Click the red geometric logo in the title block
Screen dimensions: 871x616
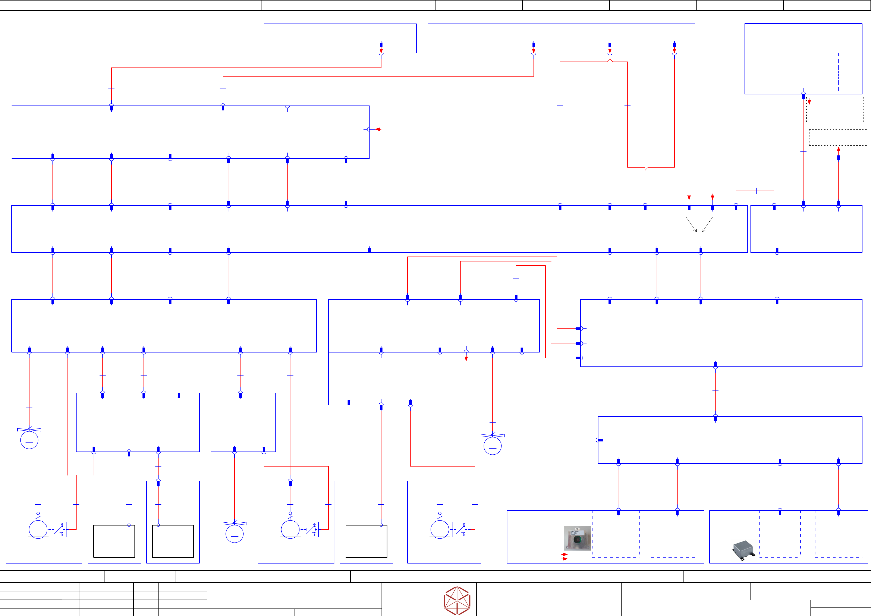tap(457, 600)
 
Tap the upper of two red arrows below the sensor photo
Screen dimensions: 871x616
tap(565, 554)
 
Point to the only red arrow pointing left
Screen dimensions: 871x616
tap(378, 129)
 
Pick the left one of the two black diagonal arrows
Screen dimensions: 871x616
tap(692, 224)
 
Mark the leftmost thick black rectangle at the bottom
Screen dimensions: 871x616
tap(114, 541)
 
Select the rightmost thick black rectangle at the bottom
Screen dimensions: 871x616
tap(366, 541)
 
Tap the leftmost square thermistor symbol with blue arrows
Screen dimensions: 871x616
tap(59, 530)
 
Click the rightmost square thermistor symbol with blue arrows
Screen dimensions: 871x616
tap(460, 530)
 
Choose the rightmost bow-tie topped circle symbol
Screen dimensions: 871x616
tap(492, 445)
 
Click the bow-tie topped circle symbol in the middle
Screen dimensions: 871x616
tap(235, 532)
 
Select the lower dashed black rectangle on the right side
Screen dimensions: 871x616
tap(838, 137)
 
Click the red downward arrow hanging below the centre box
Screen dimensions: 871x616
tap(466, 358)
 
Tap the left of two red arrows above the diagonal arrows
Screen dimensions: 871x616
tap(689, 198)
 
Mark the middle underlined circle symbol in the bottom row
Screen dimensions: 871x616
tap(290, 529)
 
